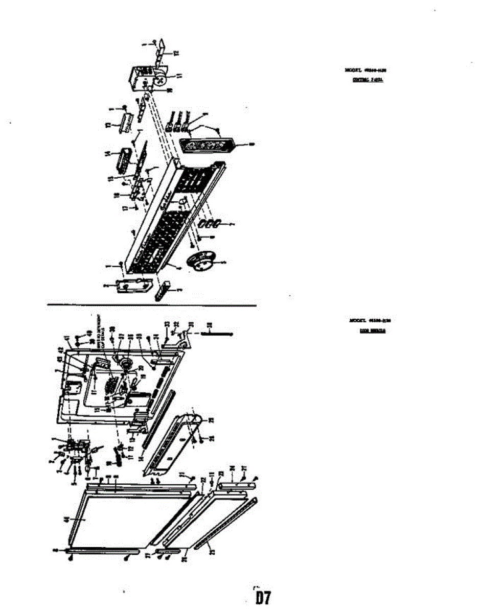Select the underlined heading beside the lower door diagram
[x=372, y=331]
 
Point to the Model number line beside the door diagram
[x=370, y=321]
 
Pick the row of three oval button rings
[x=209, y=224]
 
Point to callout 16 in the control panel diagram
[x=117, y=195]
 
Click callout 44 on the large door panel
[x=65, y=520]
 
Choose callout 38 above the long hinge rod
[x=209, y=325]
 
